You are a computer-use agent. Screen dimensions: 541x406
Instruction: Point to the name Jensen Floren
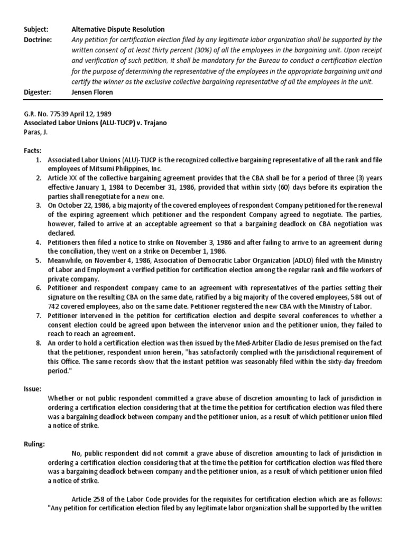coord(92,92)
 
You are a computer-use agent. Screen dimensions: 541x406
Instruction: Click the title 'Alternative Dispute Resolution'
coord(118,30)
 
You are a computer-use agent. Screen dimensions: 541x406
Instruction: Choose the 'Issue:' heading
coord(33,389)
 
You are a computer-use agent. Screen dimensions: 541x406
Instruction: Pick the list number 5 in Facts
coord(38,260)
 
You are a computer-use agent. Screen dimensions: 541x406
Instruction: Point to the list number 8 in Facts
coord(38,343)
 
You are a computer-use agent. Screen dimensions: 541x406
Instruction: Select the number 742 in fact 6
coord(55,306)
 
